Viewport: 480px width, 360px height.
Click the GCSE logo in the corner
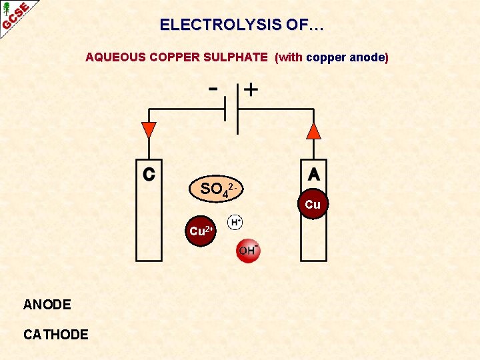coord(15,16)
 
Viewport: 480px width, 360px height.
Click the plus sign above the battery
coord(251,89)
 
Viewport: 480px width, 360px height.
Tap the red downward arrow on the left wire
coord(149,130)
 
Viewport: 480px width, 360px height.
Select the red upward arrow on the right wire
coord(313,130)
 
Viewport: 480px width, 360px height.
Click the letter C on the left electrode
coord(150,174)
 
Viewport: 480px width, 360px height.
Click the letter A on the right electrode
coord(314,174)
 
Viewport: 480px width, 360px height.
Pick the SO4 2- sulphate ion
coord(216,189)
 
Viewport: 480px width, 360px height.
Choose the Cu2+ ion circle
coord(201,231)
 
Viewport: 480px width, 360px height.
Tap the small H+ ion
coord(235,222)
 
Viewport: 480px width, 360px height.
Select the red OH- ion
coord(248,250)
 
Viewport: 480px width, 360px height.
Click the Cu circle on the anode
coord(313,205)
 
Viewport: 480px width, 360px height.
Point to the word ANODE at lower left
coord(47,305)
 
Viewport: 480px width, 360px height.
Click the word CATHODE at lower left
coord(55,334)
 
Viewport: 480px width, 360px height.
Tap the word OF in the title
coord(297,25)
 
